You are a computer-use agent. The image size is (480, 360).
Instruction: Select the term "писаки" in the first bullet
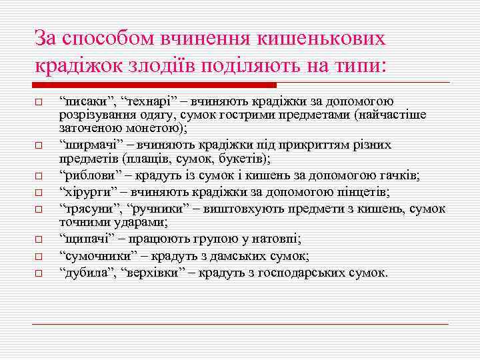(81, 101)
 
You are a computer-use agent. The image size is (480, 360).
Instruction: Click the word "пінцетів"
(363, 192)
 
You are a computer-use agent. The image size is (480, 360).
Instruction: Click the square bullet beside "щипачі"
(39, 239)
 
